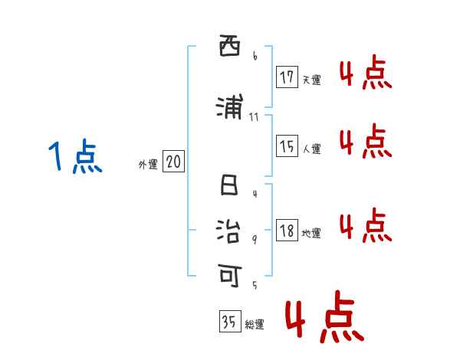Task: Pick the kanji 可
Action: (x=229, y=272)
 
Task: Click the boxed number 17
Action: (x=287, y=77)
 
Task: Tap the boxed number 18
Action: (x=287, y=231)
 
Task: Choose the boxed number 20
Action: (x=173, y=162)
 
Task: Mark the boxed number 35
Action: (x=229, y=322)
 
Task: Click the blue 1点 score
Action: (x=74, y=157)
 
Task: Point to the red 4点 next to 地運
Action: (x=365, y=225)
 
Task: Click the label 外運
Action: (x=147, y=164)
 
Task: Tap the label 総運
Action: (x=255, y=325)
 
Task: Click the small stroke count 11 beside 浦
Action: (x=255, y=116)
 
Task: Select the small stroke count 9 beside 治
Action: (x=254, y=239)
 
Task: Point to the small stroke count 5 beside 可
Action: (x=254, y=285)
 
